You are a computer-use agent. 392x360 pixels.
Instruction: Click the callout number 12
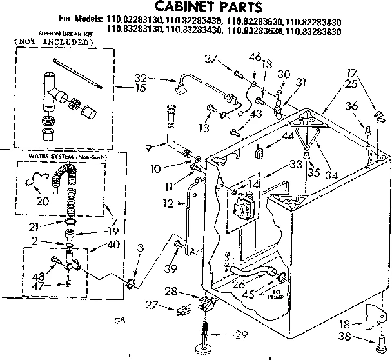168,204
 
